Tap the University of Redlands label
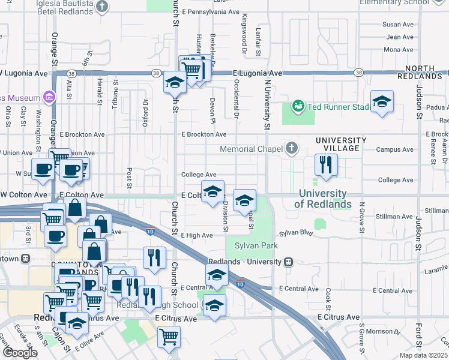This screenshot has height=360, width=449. [x=323, y=199]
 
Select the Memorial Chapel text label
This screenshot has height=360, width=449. [x=250, y=149]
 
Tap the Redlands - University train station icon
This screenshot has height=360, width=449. [x=289, y=262]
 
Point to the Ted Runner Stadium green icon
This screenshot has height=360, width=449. [x=297, y=106]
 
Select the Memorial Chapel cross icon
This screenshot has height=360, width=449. [x=291, y=148]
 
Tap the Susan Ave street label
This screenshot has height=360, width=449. [x=399, y=25]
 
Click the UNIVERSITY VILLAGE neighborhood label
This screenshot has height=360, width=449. [x=338, y=143]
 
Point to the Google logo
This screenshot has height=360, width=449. [x=19, y=353]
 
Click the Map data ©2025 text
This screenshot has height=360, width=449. [x=424, y=355]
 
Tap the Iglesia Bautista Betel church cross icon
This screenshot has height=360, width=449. [x=103, y=6]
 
